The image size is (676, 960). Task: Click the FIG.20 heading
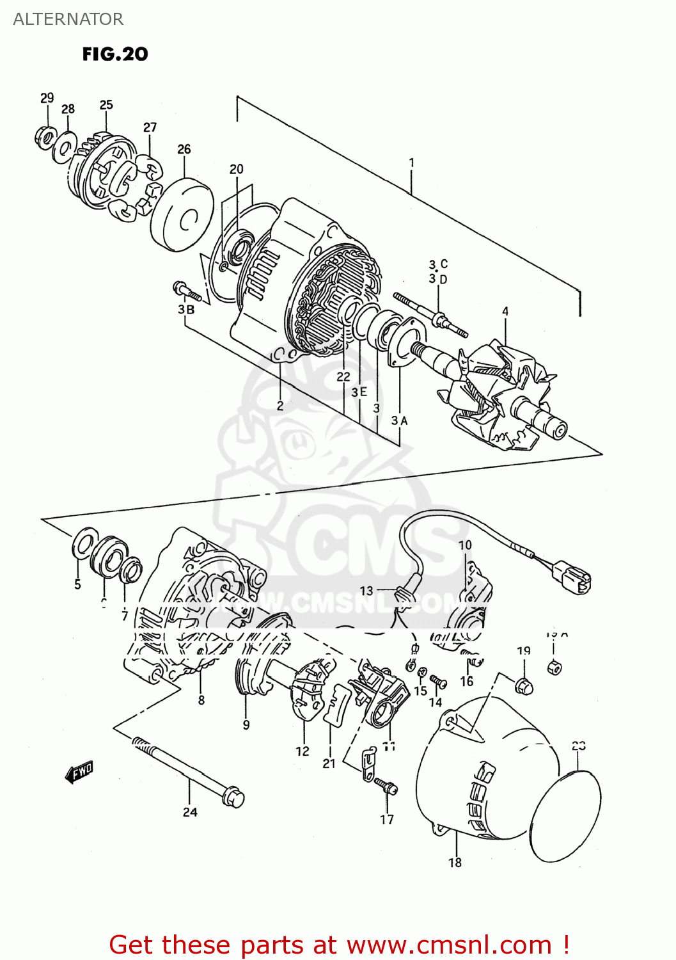click(115, 54)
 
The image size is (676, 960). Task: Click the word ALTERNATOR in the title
click(68, 19)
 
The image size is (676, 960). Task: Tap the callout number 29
click(47, 98)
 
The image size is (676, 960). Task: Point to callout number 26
click(184, 149)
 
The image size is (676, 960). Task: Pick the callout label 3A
click(399, 420)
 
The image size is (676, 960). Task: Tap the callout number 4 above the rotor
click(505, 312)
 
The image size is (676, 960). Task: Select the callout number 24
click(190, 812)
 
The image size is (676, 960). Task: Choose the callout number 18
click(455, 863)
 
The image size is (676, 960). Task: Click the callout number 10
click(465, 545)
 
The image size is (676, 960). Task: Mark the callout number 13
click(366, 591)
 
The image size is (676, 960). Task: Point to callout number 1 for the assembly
click(412, 163)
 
